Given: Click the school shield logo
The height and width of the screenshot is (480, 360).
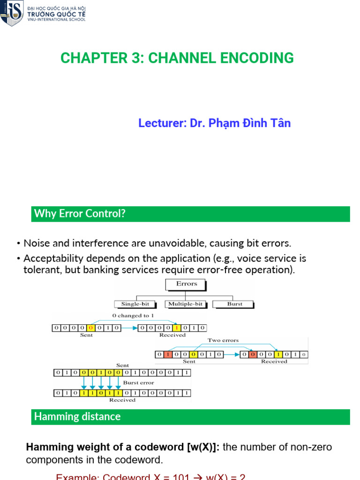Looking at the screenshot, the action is (12, 13).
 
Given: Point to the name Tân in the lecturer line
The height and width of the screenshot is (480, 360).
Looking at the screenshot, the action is (280, 123).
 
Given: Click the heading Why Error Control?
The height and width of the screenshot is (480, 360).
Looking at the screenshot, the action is (80, 214).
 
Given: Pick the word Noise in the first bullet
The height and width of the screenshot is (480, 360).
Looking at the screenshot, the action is (36, 243).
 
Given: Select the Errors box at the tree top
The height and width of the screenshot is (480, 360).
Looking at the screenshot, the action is (187, 284).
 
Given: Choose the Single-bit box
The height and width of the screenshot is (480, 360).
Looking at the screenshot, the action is (135, 304).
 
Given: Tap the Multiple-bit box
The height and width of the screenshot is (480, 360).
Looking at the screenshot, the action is (185, 304).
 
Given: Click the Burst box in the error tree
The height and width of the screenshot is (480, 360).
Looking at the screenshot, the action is (234, 304).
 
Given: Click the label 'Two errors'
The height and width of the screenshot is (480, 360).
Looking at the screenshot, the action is (223, 340).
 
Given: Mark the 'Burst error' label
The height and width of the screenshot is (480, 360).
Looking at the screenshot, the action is (138, 383).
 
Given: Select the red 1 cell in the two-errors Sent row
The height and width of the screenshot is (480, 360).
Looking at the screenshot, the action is (167, 354).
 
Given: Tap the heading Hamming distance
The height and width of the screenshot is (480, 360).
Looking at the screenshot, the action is (77, 417).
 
